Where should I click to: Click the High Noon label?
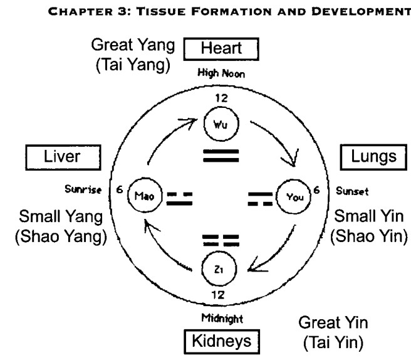tap(221, 73)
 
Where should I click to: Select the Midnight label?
tap(222, 318)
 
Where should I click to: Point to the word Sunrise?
tap(83, 189)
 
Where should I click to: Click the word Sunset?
tap(352, 191)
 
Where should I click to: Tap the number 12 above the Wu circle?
tap(222, 98)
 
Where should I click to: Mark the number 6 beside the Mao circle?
tap(120, 189)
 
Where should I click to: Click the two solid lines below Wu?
tap(221, 156)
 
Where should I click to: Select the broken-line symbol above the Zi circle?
tap(221, 241)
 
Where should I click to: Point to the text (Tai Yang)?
tap(133, 65)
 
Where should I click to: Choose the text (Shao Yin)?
tap(369, 236)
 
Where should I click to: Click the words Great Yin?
tap(333, 322)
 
